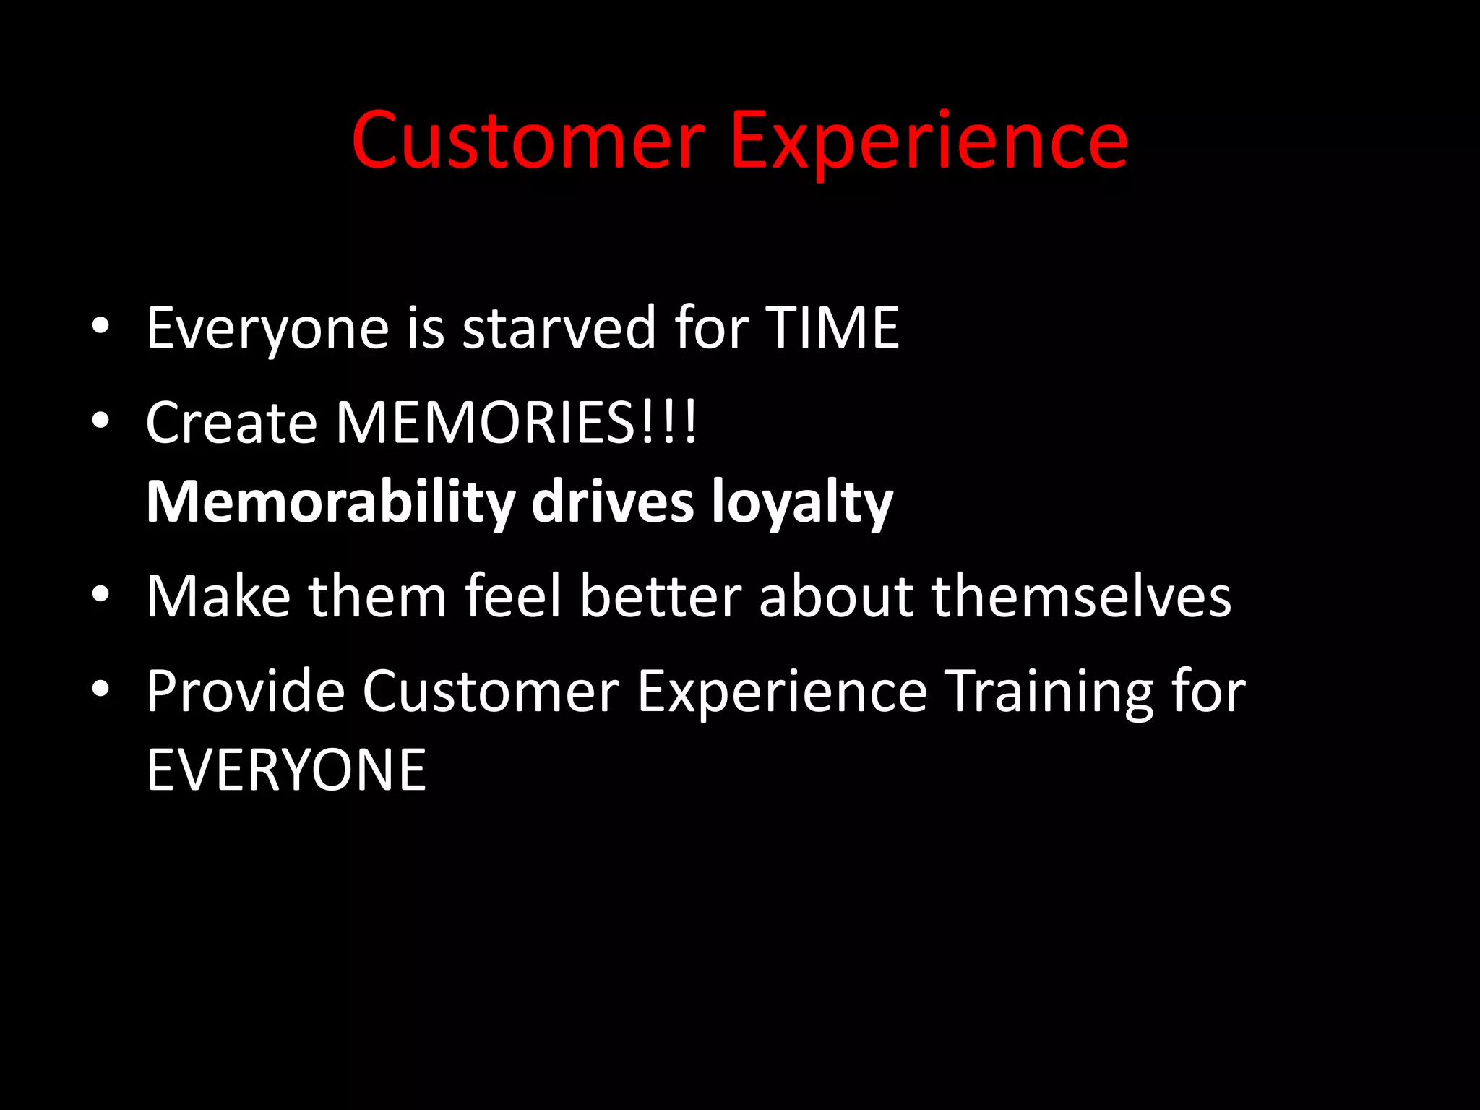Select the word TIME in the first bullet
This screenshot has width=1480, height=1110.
832,328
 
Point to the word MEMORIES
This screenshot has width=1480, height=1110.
486,423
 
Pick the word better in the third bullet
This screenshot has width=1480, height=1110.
661,596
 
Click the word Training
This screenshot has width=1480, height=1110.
1049,692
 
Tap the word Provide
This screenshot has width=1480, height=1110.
246,692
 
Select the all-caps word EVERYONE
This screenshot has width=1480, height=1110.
286,770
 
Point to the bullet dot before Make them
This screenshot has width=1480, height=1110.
100,595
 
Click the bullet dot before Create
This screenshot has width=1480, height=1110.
100,421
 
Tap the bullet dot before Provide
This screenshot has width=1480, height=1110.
100,689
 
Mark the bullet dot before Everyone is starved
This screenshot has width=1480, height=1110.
100,326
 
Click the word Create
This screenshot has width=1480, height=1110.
231,423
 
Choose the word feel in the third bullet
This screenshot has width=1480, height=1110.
512,596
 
